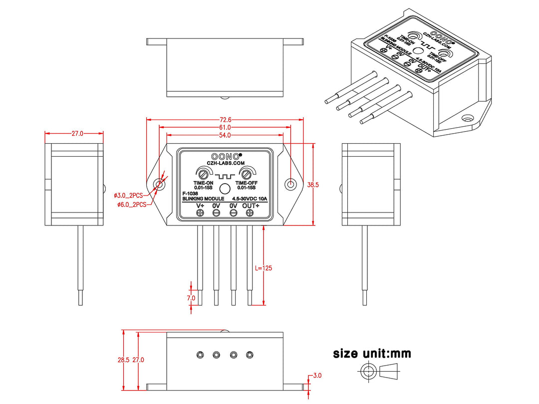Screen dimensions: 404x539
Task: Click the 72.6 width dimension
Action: (x=225, y=120)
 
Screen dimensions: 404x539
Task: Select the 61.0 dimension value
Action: (x=225, y=128)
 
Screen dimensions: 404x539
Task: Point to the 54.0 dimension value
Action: (x=225, y=136)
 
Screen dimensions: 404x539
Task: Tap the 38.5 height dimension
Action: (x=313, y=185)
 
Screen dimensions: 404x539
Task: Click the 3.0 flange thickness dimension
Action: (x=317, y=376)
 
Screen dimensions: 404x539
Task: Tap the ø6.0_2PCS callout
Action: (x=130, y=204)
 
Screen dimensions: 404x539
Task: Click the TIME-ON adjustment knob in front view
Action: (x=203, y=174)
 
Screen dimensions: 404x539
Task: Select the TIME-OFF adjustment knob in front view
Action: (x=246, y=174)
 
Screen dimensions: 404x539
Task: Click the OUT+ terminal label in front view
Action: (x=251, y=205)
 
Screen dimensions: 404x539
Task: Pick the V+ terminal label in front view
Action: (x=201, y=205)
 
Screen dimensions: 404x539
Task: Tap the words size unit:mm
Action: (x=372, y=354)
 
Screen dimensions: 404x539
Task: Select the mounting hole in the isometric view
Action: (x=468, y=119)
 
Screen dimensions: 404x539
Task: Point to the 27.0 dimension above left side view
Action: (x=77, y=134)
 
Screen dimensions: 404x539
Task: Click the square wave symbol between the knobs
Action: (x=225, y=176)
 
